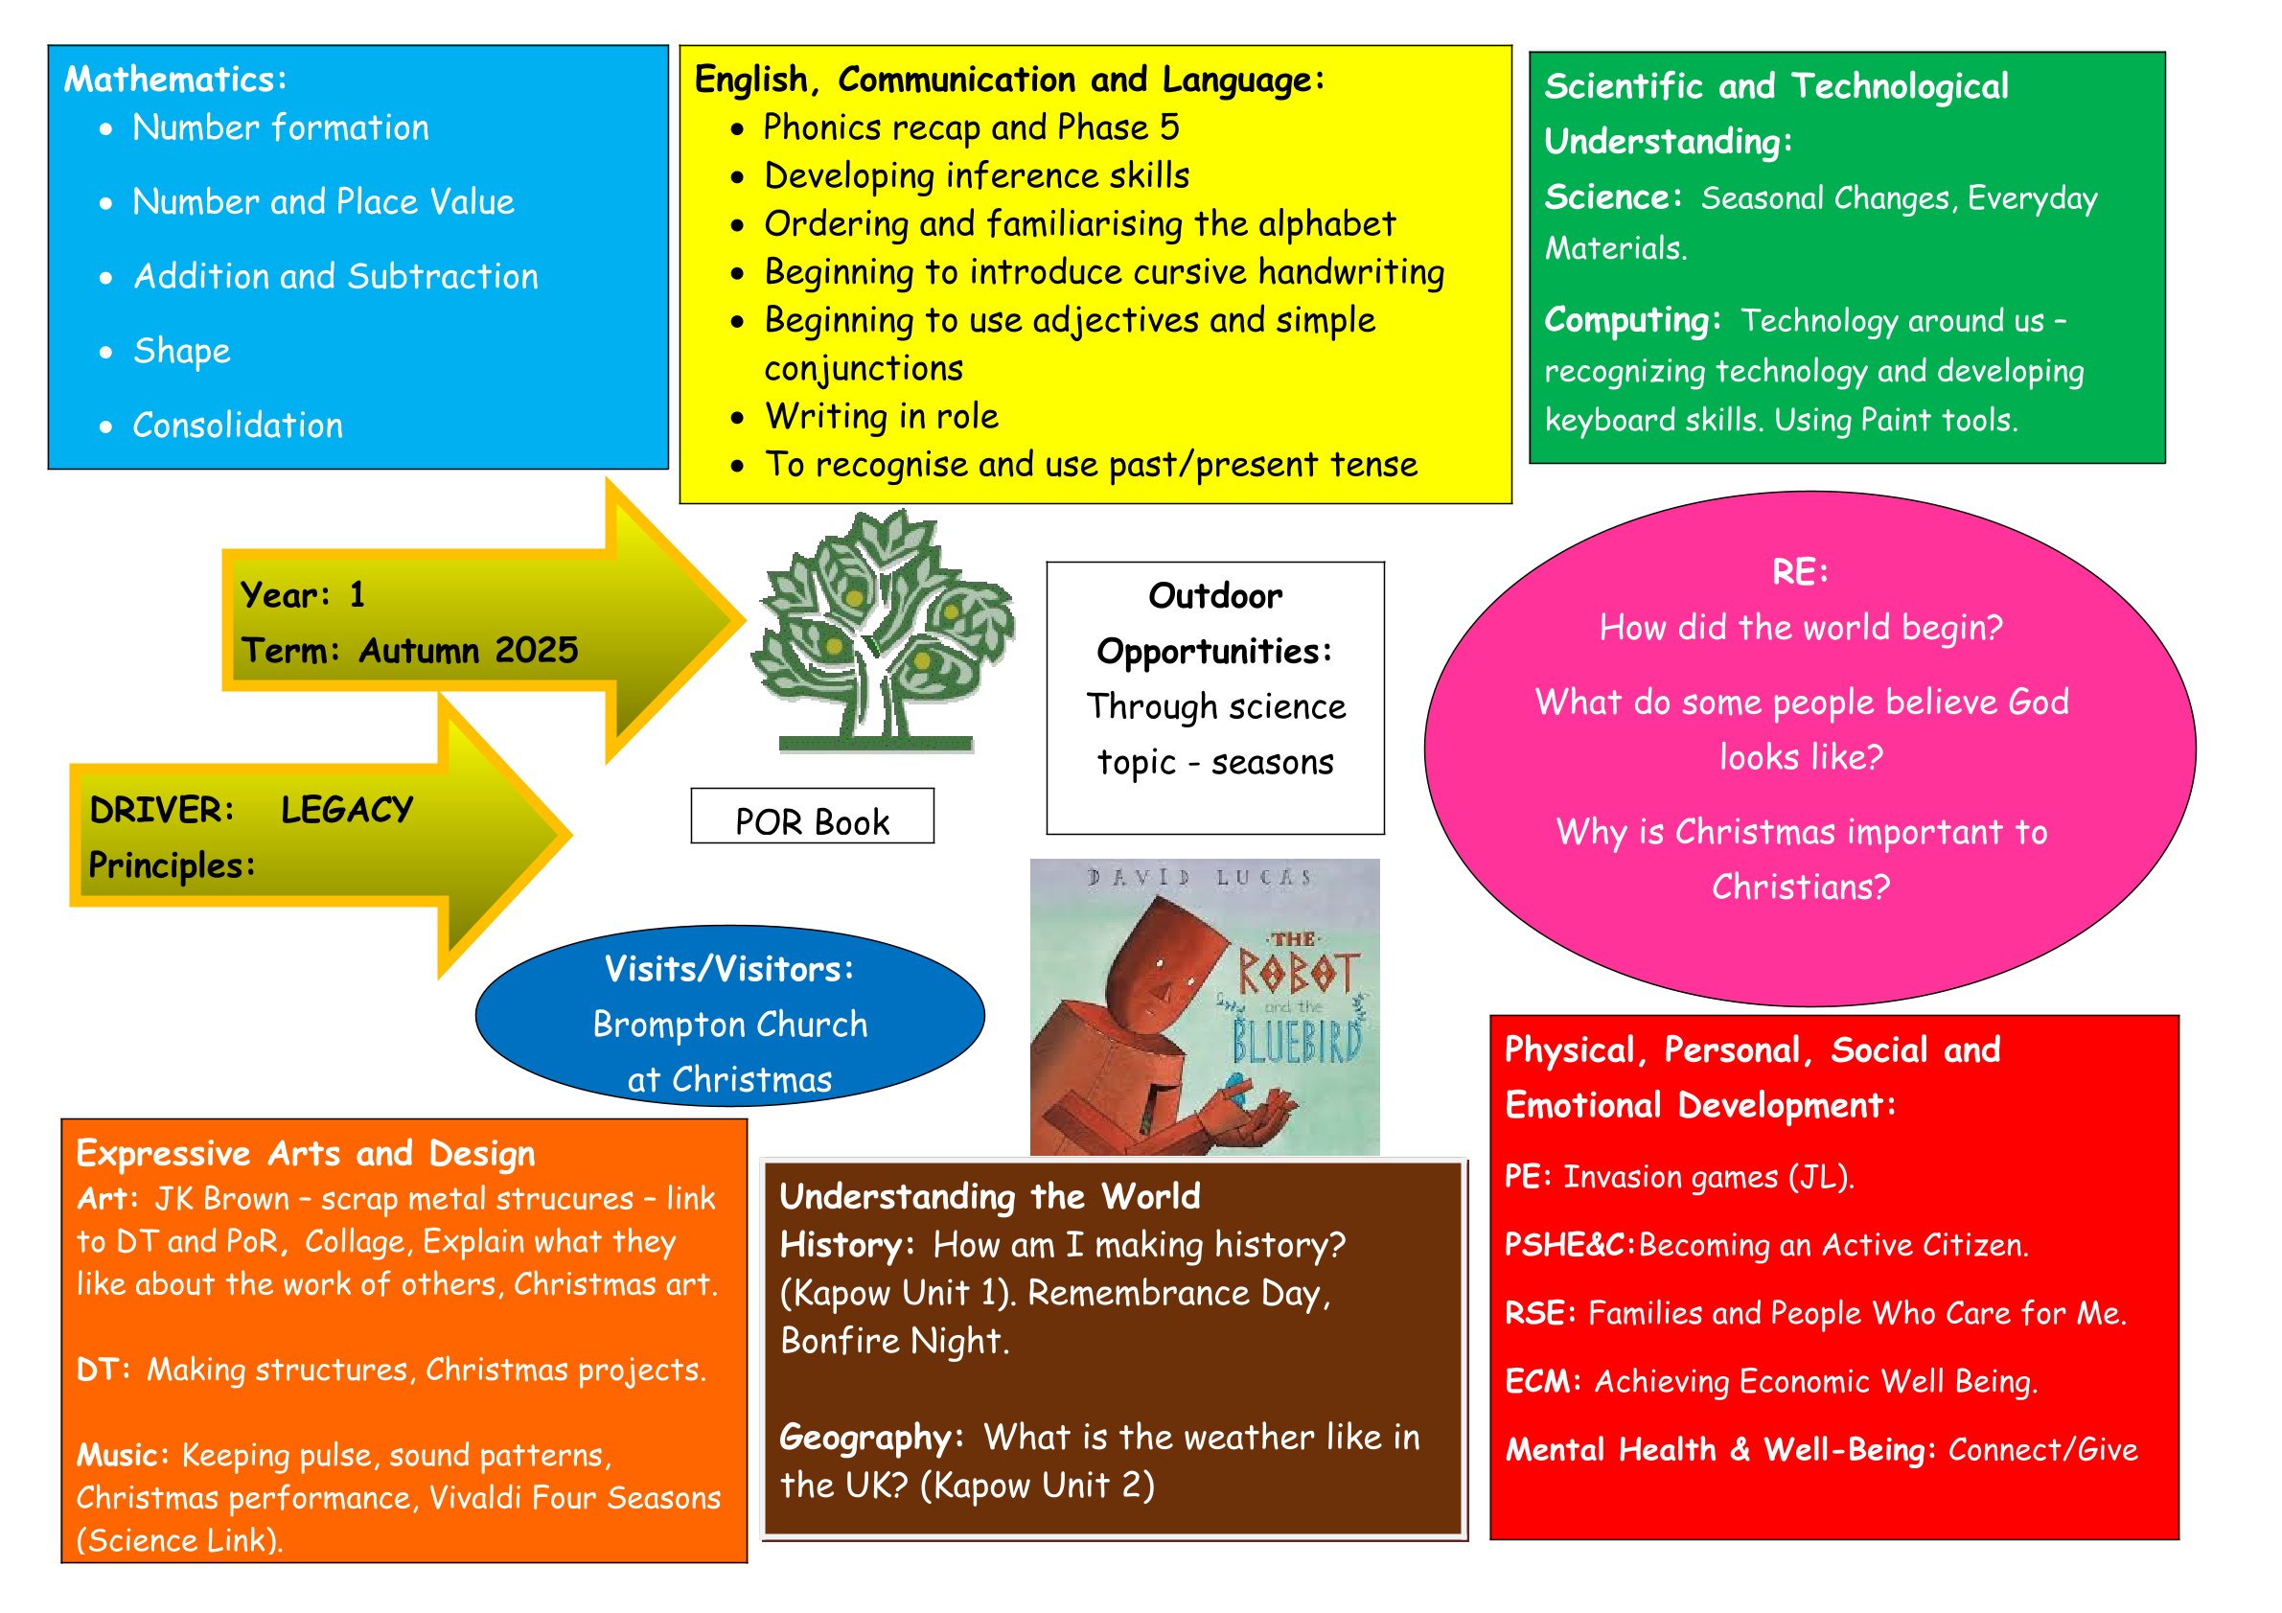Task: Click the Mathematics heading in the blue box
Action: tap(175, 80)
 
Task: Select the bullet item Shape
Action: tap(182, 351)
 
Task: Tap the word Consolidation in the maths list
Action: tap(238, 426)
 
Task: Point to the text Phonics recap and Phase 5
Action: tap(970, 128)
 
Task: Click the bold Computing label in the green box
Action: tap(1631, 320)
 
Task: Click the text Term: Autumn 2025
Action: tap(409, 651)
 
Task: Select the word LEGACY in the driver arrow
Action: tap(347, 810)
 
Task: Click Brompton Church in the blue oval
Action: tap(730, 1025)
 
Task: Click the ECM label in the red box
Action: tap(1540, 1381)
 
